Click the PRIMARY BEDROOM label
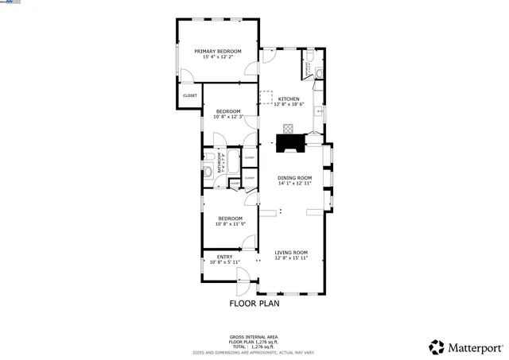point(218,52)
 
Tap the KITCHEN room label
point(289,99)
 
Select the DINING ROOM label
point(294,177)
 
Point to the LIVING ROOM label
point(291,253)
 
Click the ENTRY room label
point(224,257)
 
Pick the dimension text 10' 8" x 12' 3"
point(229,118)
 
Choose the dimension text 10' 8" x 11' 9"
point(229,224)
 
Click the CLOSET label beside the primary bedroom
point(190,95)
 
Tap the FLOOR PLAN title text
point(254,303)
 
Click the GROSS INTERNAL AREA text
point(254,336)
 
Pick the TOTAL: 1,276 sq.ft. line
point(254,346)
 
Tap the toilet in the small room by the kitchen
point(317,74)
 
